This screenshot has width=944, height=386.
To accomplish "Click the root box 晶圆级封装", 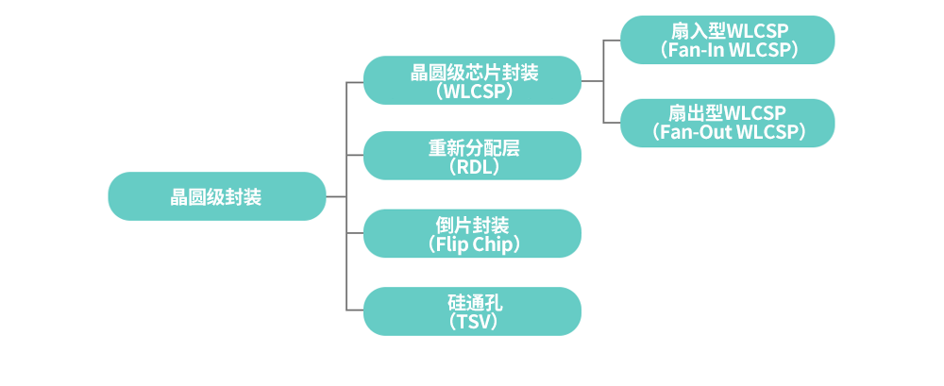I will point(217,196).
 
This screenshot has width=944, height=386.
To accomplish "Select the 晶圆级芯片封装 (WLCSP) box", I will point(472,81).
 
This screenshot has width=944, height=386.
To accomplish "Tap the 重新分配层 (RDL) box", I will point(472,156).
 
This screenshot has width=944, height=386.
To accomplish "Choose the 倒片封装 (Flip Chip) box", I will point(472,233).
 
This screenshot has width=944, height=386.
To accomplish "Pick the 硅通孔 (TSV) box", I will point(472,310).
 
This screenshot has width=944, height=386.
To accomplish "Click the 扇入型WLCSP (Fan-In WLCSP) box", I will point(727,41).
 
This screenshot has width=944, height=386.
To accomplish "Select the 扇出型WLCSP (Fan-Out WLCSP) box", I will point(727,123).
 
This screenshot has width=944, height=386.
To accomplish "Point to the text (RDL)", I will point(473,167).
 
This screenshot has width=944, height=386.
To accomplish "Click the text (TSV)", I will point(473,322).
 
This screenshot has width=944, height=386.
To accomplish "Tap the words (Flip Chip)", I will point(473,244).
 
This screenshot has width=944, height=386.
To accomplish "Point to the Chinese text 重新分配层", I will point(473,147).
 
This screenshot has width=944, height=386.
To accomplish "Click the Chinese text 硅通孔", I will point(473,302).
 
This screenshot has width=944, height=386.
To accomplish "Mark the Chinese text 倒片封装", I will point(473,225).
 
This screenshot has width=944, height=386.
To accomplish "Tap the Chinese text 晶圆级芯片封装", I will point(473,72).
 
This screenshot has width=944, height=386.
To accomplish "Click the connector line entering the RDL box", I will point(355,156).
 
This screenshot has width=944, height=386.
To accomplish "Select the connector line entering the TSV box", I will point(355,310).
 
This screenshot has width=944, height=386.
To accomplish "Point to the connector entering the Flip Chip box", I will point(355,233).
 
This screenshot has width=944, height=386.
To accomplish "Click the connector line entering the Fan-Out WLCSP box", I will point(612,123).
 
